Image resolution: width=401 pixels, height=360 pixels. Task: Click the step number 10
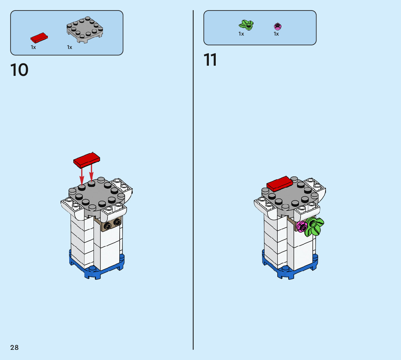pyautogui.click(x=20, y=70)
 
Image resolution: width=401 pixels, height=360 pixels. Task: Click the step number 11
pyautogui.click(x=210, y=60)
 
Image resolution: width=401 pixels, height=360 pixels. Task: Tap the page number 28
pyautogui.click(x=15, y=348)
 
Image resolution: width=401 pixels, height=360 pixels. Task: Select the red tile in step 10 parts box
pyautogui.click(x=39, y=37)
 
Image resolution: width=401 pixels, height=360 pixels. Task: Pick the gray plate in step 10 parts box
pyautogui.click(x=84, y=30)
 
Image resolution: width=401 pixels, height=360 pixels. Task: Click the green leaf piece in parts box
pyautogui.click(x=246, y=25)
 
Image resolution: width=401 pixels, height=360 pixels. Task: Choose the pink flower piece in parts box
pyautogui.click(x=278, y=26)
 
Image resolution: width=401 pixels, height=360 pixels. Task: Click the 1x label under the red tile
pyautogui.click(x=33, y=48)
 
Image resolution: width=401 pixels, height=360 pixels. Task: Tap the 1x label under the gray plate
pyautogui.click(x=70, y=48)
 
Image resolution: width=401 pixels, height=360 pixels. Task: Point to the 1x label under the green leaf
pyautogui.click(x=241, y=34)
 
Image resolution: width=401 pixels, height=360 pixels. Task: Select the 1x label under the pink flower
pyautogui.click(x=276, y=34)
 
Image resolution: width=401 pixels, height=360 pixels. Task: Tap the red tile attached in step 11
pyautogui.click(x=279, y=184)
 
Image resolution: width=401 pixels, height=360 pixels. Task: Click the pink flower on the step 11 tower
pyautogui.click(x=301, y=226)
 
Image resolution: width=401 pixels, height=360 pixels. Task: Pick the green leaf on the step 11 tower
pyautogui.click(x=313, y=227)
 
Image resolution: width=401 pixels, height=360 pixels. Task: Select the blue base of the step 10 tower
pyautogui.click(x=96, y=270)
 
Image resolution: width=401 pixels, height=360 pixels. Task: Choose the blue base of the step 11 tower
pyautogui.click(x=289, y=270)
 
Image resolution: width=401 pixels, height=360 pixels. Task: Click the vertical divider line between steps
pyautogui.click(x=193, y=181)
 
